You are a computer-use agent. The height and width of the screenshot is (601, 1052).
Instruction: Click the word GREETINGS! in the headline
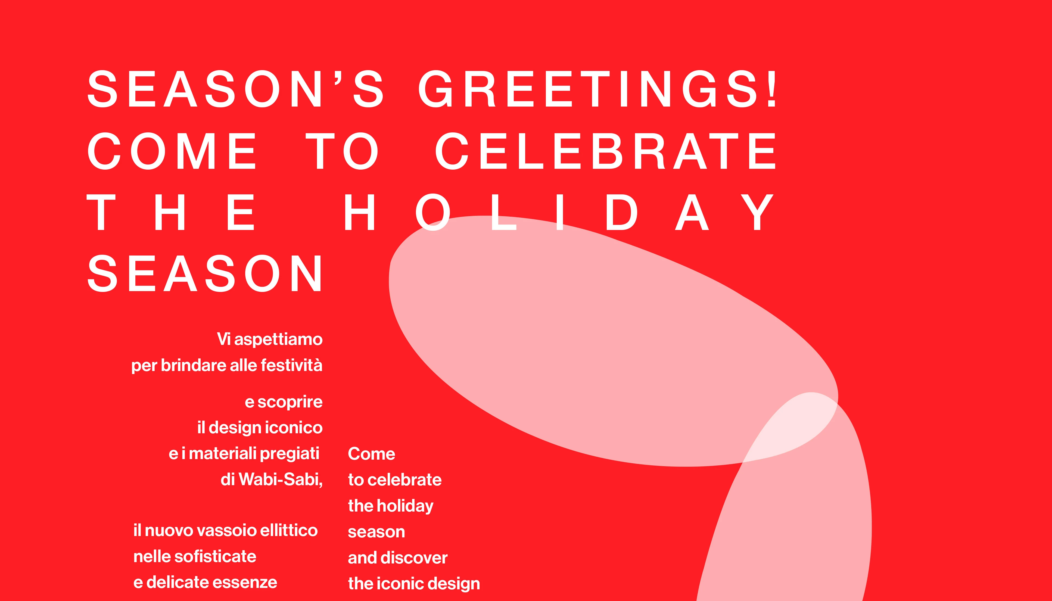coord(597,89)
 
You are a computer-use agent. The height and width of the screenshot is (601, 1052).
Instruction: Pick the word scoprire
coord(290,402)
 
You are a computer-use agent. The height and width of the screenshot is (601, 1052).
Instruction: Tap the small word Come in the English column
coord(371,454)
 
